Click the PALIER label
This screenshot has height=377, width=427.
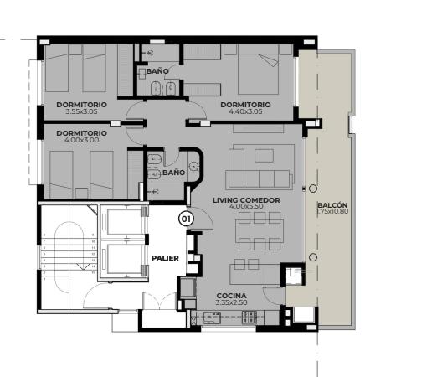[165, 258]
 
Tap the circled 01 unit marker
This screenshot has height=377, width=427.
[186, 219]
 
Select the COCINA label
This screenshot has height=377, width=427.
[232, 296]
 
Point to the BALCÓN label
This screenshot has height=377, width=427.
[332, 205]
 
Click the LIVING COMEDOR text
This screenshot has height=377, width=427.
[246, 200]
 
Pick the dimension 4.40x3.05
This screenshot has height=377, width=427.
[245, 111]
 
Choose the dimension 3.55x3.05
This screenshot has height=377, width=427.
[81, 111]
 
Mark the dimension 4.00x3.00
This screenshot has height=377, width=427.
[81, 140]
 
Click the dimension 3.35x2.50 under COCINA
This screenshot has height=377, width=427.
[232, 302]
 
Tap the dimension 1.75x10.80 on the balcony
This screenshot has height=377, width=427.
[332, 211]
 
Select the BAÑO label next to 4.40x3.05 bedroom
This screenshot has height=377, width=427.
[157, 71]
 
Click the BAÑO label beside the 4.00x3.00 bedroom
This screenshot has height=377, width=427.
[174, 173]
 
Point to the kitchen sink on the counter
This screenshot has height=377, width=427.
[212, 318]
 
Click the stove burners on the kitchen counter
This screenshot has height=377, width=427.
[250, 318]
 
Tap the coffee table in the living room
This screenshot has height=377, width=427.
[264, 156]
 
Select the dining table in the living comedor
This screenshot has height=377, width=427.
[260, 231]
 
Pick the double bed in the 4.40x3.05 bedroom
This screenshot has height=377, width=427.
[258, 70]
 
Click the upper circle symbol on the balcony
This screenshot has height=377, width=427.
[313, 188]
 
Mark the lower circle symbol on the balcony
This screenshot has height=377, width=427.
[313, 257]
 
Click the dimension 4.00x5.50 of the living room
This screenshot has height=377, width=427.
[246, 206]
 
